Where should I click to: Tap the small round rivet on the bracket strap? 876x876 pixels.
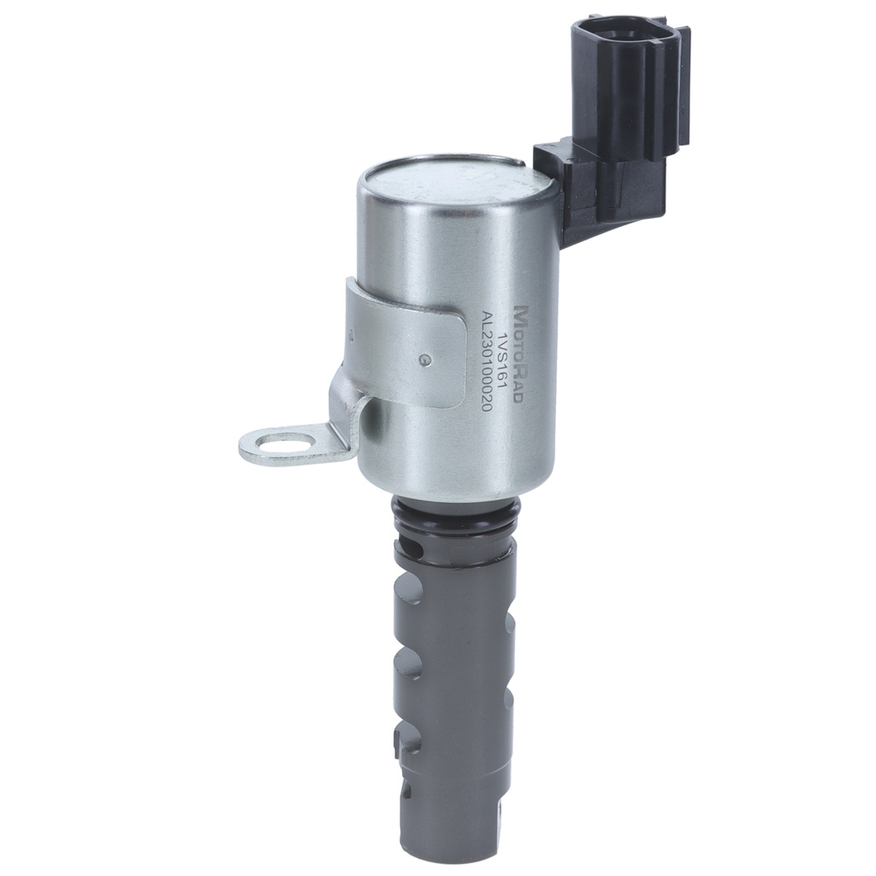(x=426, y=360)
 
